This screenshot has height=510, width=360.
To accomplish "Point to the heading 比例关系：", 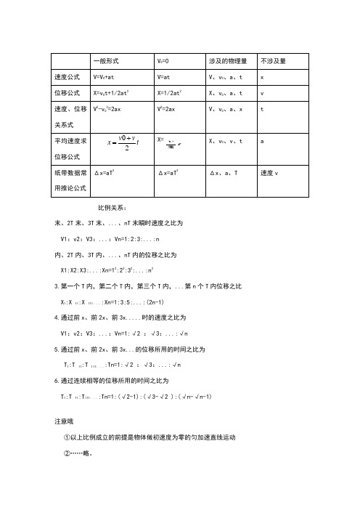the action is click(x=112, y=208).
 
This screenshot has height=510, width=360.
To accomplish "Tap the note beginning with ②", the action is click(x=80, y=451).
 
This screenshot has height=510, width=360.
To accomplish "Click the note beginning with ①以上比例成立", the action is click(x=150, y=438).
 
